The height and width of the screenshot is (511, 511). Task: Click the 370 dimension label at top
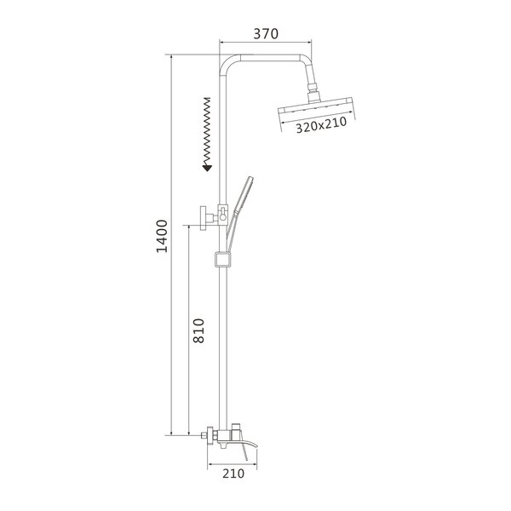[x=266, y=33]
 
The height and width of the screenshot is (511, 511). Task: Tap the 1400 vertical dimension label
[x=162, y=236]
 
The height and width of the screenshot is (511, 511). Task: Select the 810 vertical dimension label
[x=198, y=330]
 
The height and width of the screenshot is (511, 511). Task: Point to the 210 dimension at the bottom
[x=233, y=474]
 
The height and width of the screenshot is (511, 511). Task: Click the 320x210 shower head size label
[x=321, y=125]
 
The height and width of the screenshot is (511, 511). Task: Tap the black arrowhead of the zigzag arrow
[x=207, y=168]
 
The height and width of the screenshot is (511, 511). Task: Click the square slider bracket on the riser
[x=222, y=260]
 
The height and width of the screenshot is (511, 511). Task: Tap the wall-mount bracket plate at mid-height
[x=204, y=218]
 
